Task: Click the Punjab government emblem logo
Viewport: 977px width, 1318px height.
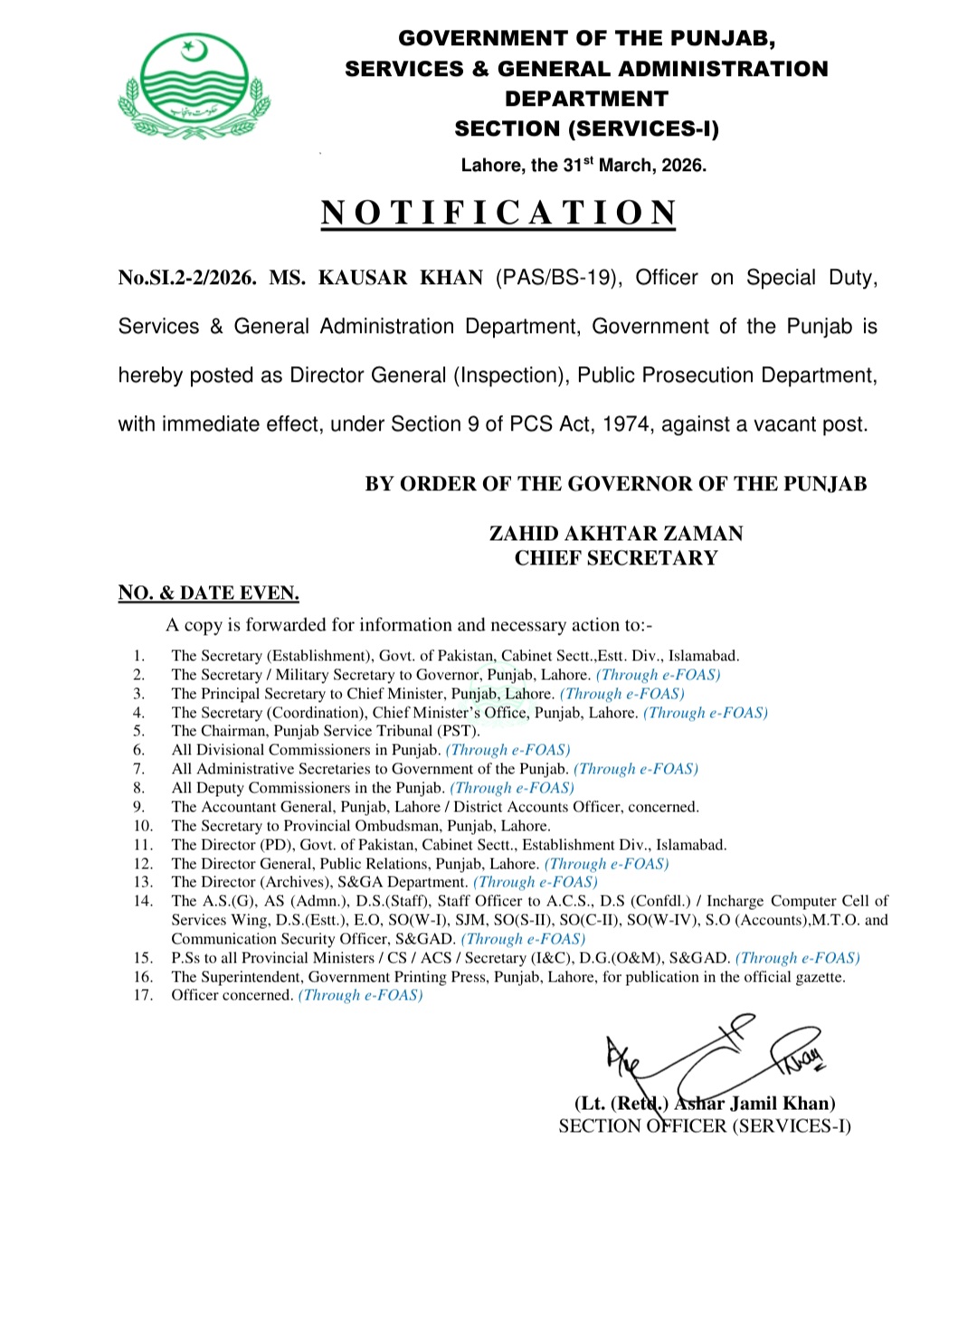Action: click(x=194, y=86)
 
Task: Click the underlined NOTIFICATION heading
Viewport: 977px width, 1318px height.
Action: click(x=498, y=213)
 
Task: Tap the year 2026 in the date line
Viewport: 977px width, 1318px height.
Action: click(x=683, y=166)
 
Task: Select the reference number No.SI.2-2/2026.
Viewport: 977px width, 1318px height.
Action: click(x=186, y=278)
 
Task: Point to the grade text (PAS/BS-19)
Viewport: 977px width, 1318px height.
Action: click(x=558, y=278)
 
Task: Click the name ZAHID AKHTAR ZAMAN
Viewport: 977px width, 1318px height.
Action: click(x=616, y=534)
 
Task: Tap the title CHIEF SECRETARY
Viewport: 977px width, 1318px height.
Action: click(x=616, y=558)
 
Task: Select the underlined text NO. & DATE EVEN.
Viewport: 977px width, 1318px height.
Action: click(x=209, y=593)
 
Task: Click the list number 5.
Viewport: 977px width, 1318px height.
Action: click(x=138, y=731)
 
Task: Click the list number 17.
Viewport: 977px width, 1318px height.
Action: click(x=143, y=995)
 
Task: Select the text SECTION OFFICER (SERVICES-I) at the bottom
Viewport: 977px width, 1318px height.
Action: click(x=705, y=1126)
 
